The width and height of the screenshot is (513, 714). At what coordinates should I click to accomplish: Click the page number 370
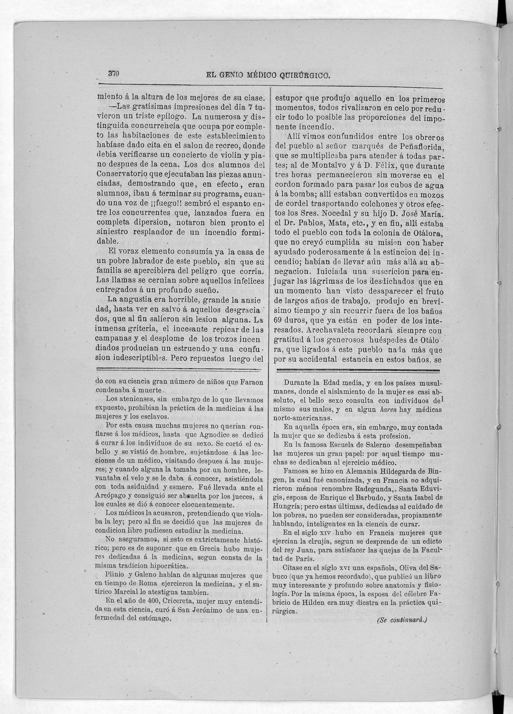click(x=113, y=74)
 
